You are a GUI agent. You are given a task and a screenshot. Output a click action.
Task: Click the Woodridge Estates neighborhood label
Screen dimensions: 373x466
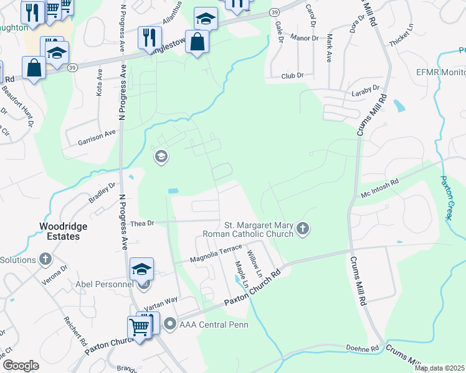click(63, 231)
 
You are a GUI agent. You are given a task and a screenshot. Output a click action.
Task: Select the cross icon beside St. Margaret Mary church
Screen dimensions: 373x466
click(303, 229)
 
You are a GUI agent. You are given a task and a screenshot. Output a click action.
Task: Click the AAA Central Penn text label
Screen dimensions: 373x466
click(213, 325)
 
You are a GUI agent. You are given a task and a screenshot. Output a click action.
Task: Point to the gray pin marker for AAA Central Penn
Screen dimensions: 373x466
click(169, 324)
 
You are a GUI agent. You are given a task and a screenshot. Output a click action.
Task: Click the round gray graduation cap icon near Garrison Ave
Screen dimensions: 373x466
click(161, 157)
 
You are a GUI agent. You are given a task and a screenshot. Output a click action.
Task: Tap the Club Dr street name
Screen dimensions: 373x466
click(292, 75)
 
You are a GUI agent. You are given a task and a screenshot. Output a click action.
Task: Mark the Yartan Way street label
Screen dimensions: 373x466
click(161, 304)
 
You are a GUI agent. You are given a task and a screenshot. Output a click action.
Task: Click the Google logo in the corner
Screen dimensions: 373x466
click(21, 366)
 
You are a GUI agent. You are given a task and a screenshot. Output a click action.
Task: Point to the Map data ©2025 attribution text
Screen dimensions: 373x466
click(439, 368)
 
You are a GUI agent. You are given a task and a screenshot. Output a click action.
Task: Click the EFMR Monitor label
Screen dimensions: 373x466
click(440, 72)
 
